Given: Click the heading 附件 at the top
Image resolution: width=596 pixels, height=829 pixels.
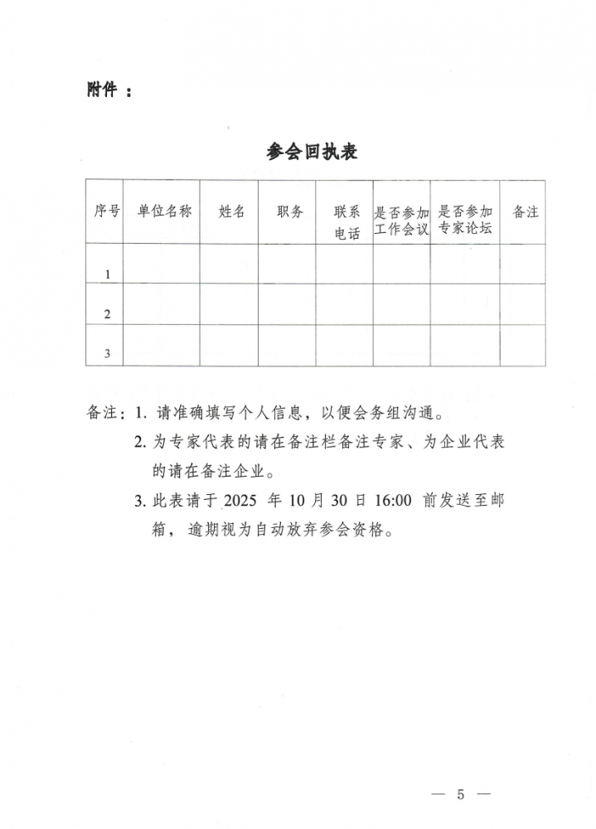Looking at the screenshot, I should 102,90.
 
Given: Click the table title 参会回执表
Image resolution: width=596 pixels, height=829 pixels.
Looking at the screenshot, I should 312,152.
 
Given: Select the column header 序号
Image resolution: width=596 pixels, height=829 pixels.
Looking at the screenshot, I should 106,211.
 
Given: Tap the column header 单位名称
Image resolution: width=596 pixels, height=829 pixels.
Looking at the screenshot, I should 164,211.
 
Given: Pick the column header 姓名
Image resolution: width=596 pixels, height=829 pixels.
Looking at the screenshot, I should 231,211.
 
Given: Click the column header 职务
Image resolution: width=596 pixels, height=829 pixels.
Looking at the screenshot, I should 289,211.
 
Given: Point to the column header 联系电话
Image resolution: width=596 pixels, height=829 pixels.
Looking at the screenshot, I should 347,223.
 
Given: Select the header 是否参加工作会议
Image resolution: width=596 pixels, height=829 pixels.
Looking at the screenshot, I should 402,220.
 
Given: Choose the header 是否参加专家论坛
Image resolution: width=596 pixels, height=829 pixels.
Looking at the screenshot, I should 465,220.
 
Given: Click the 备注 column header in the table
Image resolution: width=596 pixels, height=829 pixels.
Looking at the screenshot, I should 526,211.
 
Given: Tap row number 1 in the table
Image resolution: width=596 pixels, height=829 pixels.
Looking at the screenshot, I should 107,274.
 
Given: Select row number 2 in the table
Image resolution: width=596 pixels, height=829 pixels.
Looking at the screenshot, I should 107,314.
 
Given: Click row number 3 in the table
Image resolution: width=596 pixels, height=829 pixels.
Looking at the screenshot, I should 107,355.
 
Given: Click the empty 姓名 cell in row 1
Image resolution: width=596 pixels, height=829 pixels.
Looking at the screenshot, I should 228,264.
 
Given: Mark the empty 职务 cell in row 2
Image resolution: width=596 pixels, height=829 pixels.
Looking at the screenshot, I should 286,304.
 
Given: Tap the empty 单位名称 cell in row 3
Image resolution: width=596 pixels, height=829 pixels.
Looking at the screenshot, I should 163,345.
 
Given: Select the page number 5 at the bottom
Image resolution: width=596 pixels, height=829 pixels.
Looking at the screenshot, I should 461,794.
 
